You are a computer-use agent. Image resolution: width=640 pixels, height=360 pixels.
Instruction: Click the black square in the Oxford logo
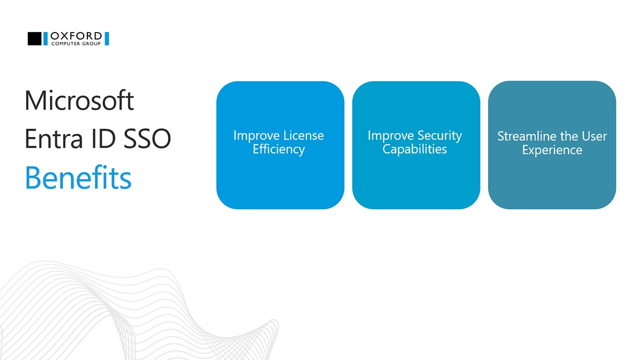click(34, 38)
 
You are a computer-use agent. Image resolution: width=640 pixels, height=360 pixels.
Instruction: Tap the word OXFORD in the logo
click(76, 36)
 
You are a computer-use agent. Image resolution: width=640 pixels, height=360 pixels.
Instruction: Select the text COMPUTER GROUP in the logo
click(76, 43)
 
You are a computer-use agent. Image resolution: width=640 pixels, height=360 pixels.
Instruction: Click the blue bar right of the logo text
click(107, 38)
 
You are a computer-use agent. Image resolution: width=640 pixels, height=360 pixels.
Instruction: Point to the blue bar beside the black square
click(45, 38)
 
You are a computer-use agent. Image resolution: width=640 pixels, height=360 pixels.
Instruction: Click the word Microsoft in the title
click(79, 100)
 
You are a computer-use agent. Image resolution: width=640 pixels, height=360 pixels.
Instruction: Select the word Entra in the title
click(53, 139)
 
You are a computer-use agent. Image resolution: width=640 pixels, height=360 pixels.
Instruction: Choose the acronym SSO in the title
click(147, 139)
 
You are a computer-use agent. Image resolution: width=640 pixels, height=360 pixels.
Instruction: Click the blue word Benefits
click(78, 177)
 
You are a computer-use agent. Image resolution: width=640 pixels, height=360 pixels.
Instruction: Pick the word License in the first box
click(303, 135)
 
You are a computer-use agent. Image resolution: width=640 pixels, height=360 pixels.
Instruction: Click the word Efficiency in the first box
click(279, 149)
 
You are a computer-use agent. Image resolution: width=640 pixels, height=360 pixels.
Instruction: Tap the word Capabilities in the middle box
click(414, 149)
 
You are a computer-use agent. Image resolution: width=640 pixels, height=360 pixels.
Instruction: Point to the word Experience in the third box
click(552, 150)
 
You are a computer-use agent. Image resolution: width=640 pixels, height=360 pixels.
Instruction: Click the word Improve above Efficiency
click(256, 136)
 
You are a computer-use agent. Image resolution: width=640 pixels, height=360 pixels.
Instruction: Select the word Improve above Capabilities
click(390, 136)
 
